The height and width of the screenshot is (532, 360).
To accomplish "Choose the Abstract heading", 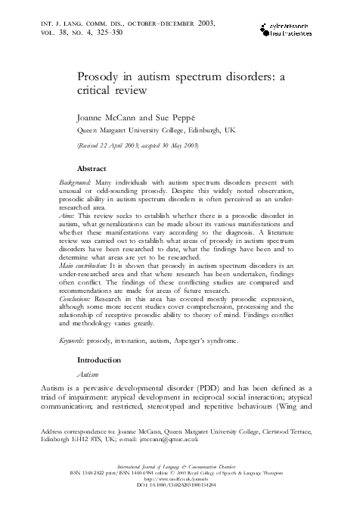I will pos(96,169).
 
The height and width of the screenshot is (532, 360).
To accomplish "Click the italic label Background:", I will pos(77,185).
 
